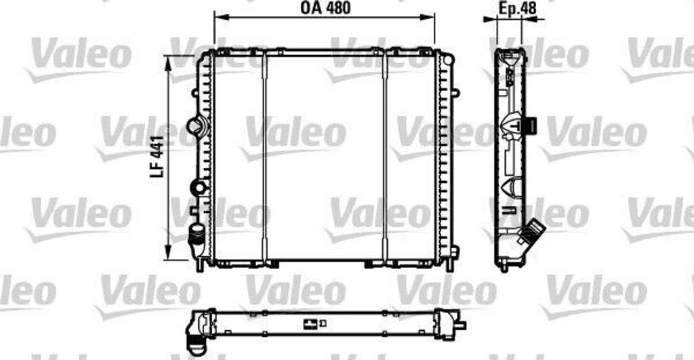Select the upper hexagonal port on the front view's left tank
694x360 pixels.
point(197,127)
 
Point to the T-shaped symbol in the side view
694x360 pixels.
point(513,126)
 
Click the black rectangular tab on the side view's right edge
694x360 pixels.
point(532,126)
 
